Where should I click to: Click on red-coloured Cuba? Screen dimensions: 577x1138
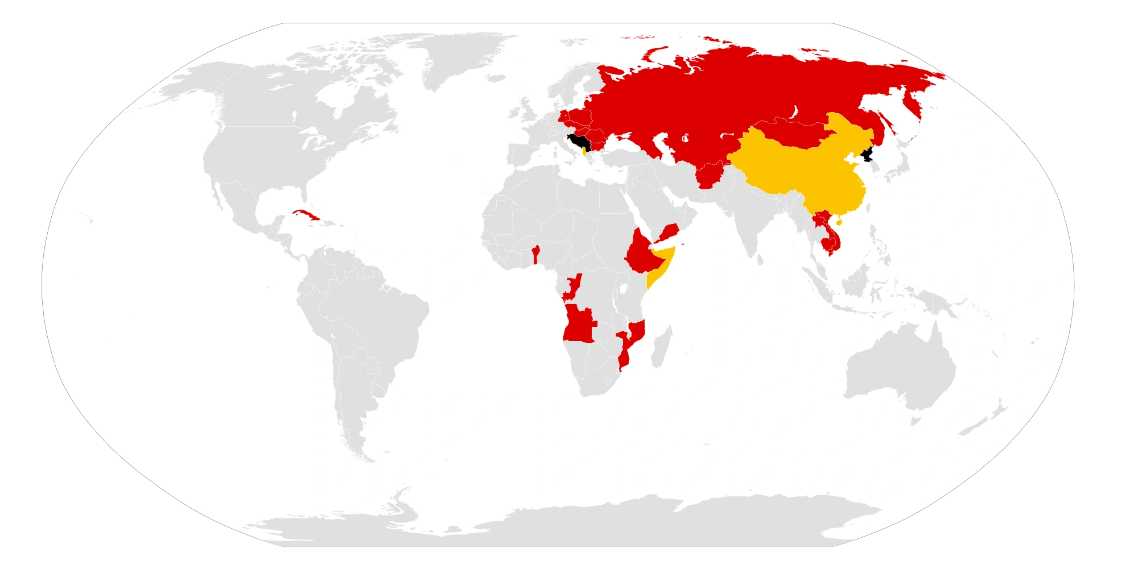tap(300, 215)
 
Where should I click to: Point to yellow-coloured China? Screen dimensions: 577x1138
tap(797, 171)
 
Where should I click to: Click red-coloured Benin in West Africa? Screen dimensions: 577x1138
tap(535, 254)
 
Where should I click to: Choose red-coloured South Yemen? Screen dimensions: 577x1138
tap(669, 233)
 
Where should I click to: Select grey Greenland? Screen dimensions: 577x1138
tap(455, 57)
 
